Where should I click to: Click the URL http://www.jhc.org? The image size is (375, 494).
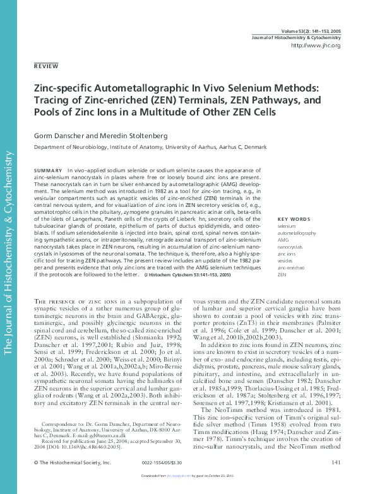pos(315,45)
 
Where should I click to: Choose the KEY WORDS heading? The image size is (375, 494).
pos(294,219)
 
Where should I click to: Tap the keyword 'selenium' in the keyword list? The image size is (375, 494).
pos(287,226)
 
